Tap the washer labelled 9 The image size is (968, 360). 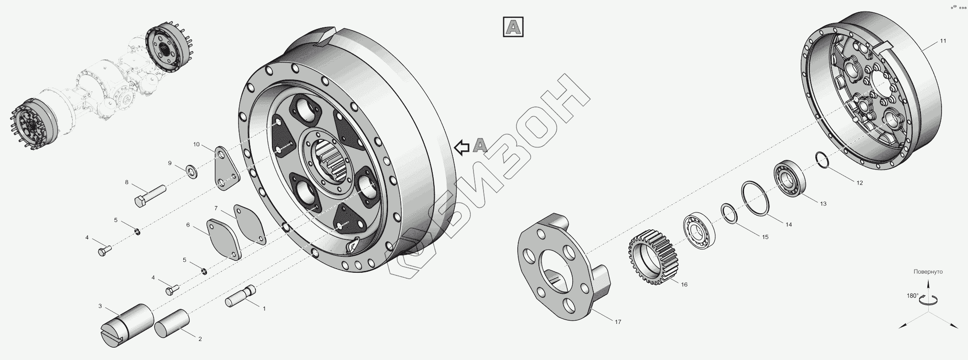pyautogui.click(x=192, y=172)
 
